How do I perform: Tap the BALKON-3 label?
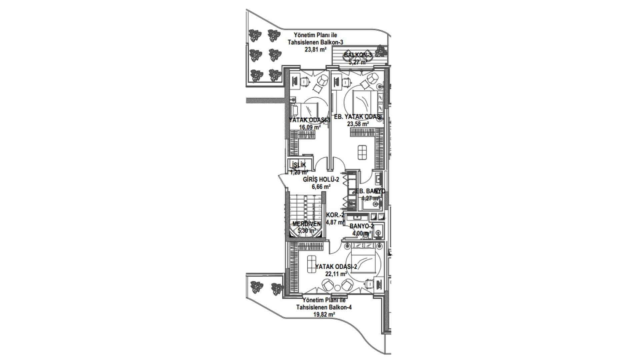pos(358,55)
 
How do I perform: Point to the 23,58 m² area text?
pos(358,124)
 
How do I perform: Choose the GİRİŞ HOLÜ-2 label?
pos(321,180)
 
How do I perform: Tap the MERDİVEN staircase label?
pos(306,224)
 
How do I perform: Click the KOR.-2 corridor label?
pos(335,215)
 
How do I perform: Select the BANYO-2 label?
pos(361,226)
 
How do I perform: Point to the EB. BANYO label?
pos(370,191)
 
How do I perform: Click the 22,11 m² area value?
pos(336,274)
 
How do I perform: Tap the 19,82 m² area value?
pos(324,314)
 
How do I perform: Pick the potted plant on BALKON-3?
pos(381,51)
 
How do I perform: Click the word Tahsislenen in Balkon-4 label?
pos(310,307)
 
